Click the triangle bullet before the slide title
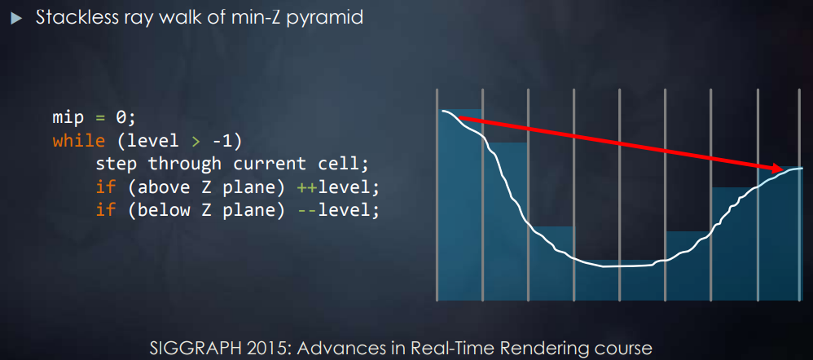click(17, 18)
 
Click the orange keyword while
click(79, 141)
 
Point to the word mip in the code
click(68, 118)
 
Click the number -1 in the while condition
click(223, 141)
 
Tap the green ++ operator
click(306, 188)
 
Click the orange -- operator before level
click(306, 211)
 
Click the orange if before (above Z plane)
click(105, 187)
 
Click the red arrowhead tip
click(784, 169)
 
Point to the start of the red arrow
click(460, 119)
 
